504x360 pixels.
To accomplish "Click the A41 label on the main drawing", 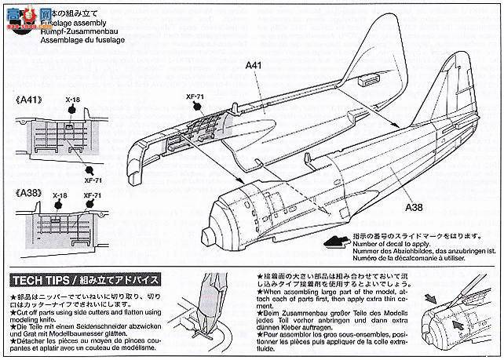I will tap(252, 67).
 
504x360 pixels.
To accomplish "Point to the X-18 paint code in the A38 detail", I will tap(60, 195).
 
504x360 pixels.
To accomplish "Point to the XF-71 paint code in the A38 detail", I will tap(93, 195).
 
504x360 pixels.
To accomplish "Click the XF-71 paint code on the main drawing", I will tap(195, 96).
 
